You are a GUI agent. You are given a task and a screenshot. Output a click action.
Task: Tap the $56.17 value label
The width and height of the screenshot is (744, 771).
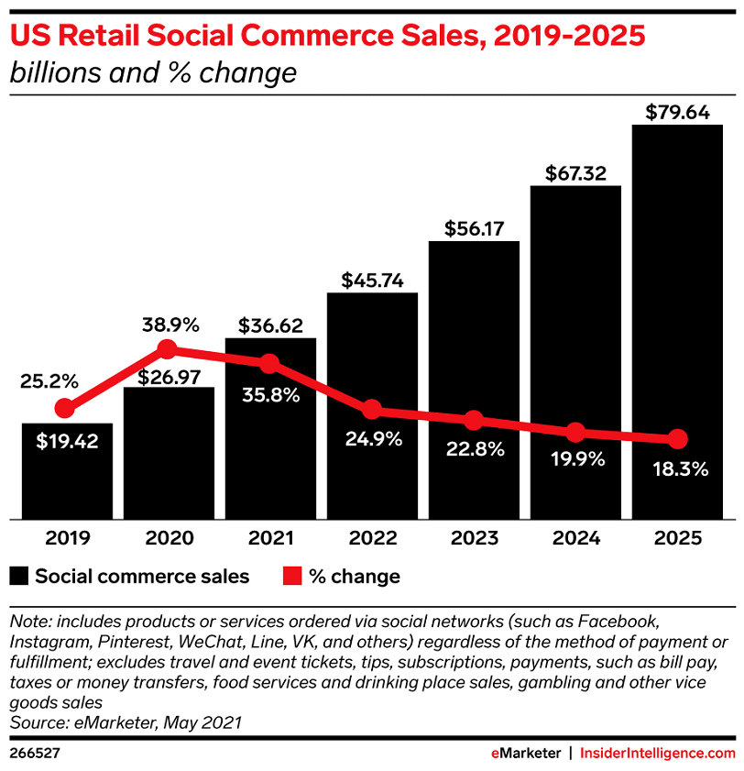tap(474, 229)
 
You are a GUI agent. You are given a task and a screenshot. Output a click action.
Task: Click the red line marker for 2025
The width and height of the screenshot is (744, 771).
tap(677, 438)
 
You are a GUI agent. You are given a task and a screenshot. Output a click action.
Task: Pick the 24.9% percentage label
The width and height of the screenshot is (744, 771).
tap(372, 438)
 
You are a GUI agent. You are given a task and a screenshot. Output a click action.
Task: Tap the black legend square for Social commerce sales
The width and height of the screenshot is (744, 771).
tap(18, 577)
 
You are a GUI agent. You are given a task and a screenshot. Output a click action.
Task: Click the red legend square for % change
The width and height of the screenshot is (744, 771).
tap(291, 577)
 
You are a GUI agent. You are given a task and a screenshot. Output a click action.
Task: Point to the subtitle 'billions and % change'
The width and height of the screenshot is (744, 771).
tap(153, 72)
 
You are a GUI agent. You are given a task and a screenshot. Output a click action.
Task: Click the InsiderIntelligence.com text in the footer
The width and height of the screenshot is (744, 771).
tap(659, 727)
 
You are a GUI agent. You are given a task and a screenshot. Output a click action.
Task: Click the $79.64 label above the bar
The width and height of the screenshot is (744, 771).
tap(677, 113)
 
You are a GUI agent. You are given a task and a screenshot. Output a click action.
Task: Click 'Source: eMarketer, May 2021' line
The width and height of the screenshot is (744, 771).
tap(125, 697)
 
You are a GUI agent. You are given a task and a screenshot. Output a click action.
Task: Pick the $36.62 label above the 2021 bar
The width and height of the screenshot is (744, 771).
tap(270, 325)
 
